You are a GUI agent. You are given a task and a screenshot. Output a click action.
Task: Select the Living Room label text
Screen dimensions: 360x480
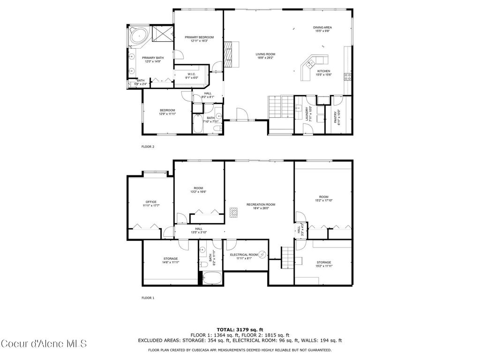(265, 56)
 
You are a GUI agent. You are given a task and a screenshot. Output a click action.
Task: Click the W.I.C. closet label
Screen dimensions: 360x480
(192, 75)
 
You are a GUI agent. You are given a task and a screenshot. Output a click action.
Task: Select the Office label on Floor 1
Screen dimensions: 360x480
(150, 203)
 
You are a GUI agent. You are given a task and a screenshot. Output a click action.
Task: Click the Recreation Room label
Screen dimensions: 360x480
(261, 206)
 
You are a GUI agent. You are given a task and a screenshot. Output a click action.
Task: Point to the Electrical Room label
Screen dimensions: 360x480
(244, 256)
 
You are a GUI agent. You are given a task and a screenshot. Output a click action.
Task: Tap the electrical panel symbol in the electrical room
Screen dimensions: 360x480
(263, 255)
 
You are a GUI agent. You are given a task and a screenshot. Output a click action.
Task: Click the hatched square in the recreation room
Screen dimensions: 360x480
(234, 212)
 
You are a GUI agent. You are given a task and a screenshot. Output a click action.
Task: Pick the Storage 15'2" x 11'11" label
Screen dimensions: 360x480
(323, 264)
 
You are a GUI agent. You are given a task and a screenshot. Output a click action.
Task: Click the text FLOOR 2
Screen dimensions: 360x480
(148, 147)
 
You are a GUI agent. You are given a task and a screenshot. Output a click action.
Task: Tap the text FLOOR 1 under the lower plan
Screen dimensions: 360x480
(148, 298)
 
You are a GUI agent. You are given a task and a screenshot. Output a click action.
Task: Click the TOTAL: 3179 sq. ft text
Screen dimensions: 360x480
(240, 330)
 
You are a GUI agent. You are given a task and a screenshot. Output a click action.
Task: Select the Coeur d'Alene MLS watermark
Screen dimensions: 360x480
(44, 344)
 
